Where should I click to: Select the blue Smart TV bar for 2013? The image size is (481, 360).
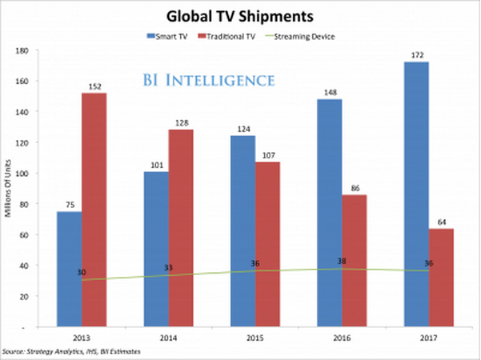tap(70, 269)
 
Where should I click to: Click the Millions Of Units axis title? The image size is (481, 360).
tap(8, 189)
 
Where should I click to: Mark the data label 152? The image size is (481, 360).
tap(94, 86)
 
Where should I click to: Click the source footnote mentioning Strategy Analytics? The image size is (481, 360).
tap(75, 352)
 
